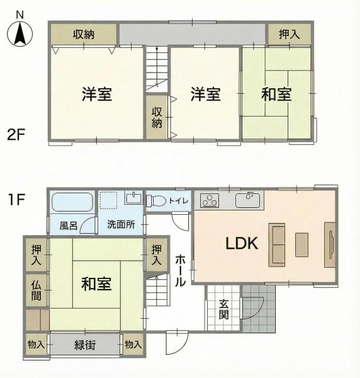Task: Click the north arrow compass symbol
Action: (x=20, y=33)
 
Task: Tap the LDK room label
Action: (x=242, y=243)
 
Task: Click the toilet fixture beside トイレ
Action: (x=156, y=200)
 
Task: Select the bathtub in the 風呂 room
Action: (x=73, y=202)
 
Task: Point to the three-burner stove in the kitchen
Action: (x=210, y=200)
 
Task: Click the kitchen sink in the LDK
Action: (x=247, y=200)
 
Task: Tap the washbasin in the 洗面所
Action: (x=133, y=198)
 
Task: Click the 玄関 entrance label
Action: (x=223, y=310)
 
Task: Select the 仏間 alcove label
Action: (x=37, y=290)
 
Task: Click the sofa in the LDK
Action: (x=277, y=245)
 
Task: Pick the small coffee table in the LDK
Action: (x=301, y=244)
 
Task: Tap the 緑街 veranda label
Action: (x=85, y=345)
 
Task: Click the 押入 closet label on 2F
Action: (x=290, y=34)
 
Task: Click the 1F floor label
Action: (x=16, y=199)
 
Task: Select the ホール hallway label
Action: (x=181, y=270)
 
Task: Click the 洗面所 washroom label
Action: (x=121, y=225)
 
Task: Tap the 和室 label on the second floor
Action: (x=277, y=94)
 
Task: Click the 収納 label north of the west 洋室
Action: (x=84, y=35)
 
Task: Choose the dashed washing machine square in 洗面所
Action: (x=109, y=200)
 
